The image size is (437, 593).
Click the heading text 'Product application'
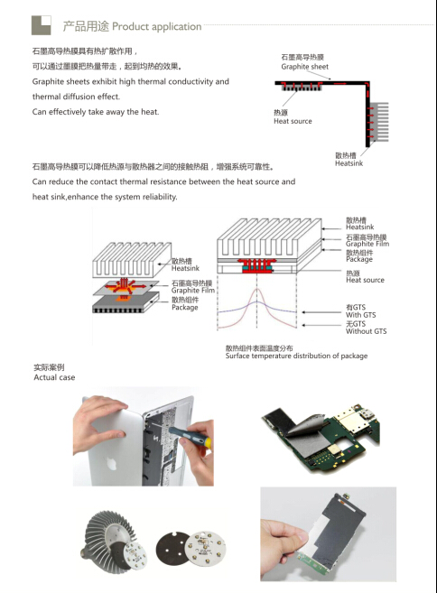tap(156, 26)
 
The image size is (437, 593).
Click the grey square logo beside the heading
tap(42, 25)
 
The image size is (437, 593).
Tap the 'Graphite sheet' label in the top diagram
tap(304, 67)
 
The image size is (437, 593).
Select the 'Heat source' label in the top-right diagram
tap(293, 122)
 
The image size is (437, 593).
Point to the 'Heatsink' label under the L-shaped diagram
tap(349, 163)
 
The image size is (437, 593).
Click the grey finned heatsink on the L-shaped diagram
tap(378, 122)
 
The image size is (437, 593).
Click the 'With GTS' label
tap(360, 315)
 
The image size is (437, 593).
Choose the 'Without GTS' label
tap(367, 331)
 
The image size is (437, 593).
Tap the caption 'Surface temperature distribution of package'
tap(297, 356)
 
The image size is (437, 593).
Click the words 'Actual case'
tap(54, 377)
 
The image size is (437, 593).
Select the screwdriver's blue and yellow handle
tap(190, 436)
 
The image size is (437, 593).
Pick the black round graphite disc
tap(174, 548)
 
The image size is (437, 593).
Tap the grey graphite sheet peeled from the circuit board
tap(312, 440)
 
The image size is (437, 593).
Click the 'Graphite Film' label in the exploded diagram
tap(193, 291)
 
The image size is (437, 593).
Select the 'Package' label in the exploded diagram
tap(184, 308)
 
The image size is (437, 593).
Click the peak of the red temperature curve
tap(257, 290)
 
